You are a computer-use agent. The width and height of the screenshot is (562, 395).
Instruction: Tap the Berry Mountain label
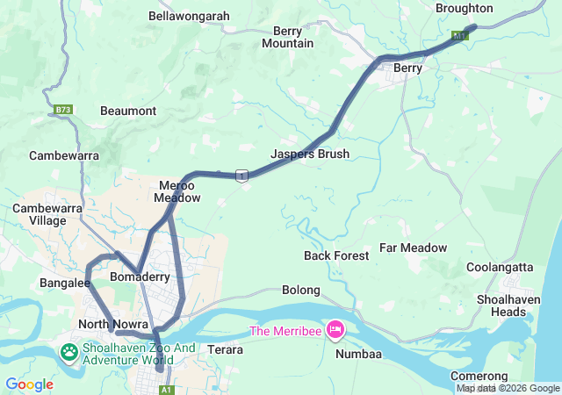[287, 37]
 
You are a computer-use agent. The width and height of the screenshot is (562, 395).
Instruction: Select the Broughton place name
[465, 8]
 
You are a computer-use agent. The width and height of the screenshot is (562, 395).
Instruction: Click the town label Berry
[408, 68]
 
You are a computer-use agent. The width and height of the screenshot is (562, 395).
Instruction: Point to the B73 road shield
[62, 110]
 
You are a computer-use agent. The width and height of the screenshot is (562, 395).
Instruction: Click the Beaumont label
[128, 111]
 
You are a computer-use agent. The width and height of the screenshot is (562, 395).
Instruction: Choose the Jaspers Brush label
[310, 154]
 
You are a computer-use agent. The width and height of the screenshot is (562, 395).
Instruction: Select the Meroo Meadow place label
[177, 191]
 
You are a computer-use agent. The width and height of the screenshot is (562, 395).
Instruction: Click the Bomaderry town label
[140, 276]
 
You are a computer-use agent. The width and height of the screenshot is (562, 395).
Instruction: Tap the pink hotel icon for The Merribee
[335, 330]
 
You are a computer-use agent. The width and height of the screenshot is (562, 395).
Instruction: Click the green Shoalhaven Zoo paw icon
[68, 352]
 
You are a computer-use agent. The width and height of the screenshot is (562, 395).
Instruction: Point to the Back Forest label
[336, 255]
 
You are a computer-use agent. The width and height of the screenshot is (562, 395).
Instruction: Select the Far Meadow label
[413, 248]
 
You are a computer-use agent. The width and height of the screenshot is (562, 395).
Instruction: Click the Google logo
[29, 384]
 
